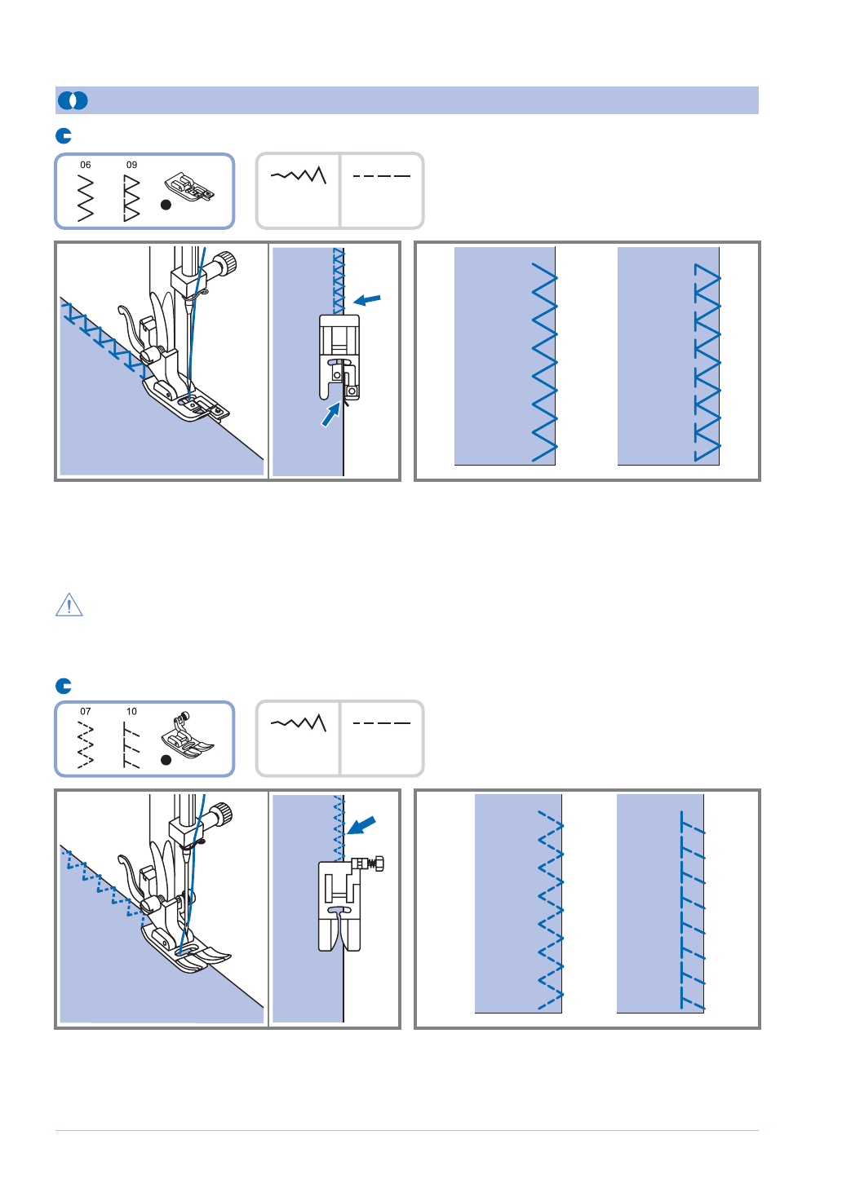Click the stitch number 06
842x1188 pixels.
point(86,165)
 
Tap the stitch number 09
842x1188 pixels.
point(131,165)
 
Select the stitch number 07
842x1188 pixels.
point(86,711)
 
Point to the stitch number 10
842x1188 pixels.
point(131,711)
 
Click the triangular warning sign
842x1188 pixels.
point(69,605)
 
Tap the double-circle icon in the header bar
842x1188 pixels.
point(73,100)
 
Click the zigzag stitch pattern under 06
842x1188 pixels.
point(86,198)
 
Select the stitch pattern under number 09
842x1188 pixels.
point(131,198)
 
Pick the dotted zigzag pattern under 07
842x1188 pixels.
point(86,745)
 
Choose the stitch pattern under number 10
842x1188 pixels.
point(131,744)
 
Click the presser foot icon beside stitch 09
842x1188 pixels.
point(189,186)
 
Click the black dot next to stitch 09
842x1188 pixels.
point(166,205)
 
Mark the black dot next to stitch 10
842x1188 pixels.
point(166,760)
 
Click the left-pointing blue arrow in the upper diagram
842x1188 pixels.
point(367,300)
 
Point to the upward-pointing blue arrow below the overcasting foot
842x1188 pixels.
point(331,414)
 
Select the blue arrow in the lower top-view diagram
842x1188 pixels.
point(361,825)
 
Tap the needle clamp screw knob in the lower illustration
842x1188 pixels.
point(222,812)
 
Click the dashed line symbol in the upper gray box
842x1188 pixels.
point(382,175)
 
